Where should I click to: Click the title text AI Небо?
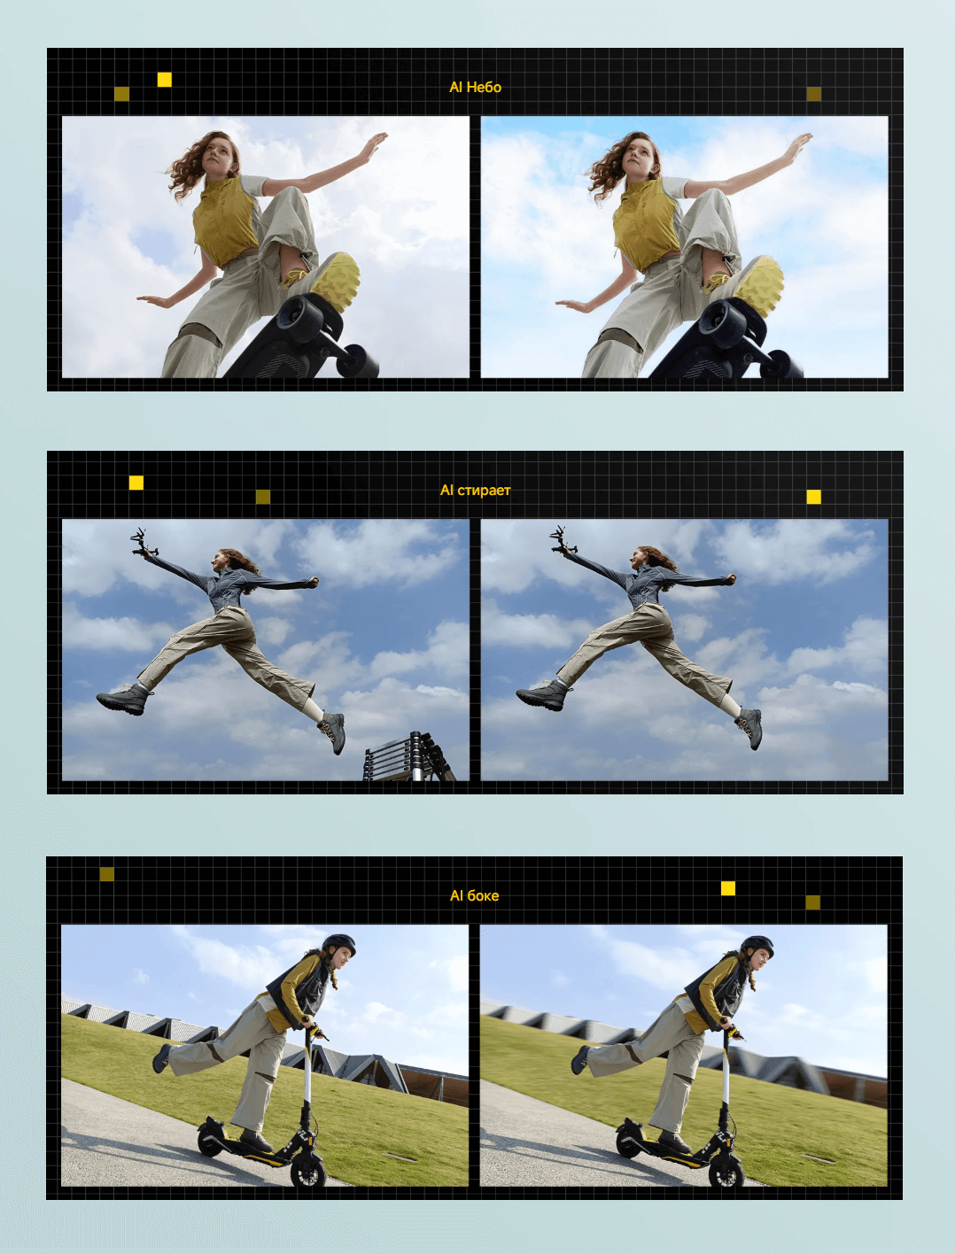[475, 88]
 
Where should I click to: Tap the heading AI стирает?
[475, 490]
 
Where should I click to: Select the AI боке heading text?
[474, 896]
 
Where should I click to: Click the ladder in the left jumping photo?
[408, 756]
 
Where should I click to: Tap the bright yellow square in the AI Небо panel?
[165, 80]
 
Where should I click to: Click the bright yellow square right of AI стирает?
[814, 497]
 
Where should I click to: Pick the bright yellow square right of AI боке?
[728, 888]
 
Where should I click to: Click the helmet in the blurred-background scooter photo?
[757, 947]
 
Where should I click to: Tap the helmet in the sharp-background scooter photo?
[338, 945]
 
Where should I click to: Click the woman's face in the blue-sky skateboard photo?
[638, 154]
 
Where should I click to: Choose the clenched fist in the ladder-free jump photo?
[729, 580]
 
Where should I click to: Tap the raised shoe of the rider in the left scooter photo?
[161, 1058]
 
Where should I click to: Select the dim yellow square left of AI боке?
[107, 874]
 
